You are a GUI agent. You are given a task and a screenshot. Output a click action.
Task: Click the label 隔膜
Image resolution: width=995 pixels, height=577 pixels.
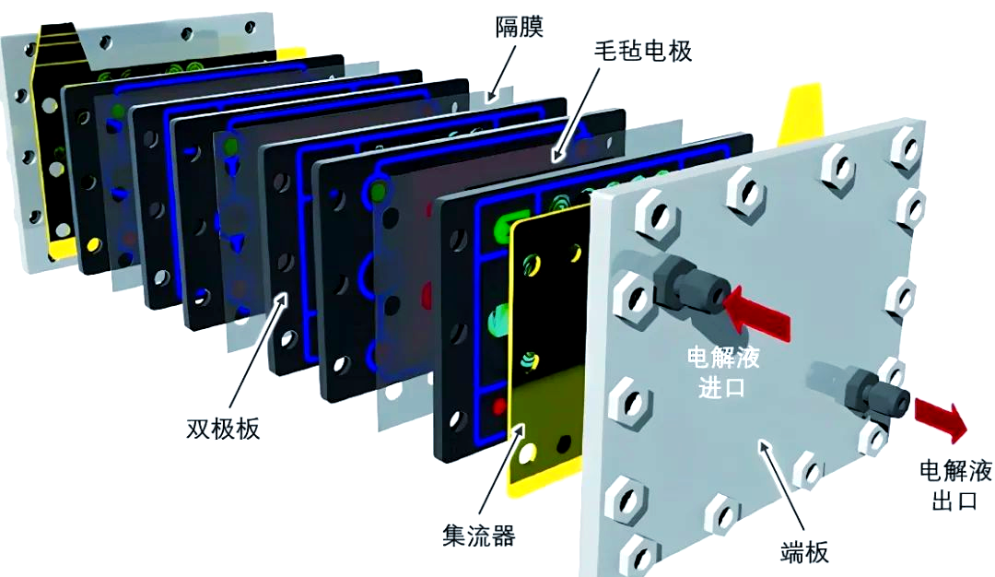click(519, 28)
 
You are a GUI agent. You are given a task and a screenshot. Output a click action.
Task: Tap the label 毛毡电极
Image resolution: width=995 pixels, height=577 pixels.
click(642, 51)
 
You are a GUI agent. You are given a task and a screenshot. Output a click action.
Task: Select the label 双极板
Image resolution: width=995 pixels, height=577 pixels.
click(223, 430)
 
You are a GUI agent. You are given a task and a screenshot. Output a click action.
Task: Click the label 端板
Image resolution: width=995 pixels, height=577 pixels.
click(804, 552)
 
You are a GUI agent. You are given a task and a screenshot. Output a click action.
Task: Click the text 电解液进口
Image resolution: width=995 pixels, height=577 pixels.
click(723, 372)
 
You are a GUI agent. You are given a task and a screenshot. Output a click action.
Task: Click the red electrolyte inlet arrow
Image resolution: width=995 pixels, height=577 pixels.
click(757, 312)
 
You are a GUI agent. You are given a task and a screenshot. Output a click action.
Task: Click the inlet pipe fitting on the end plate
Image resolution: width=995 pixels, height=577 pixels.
click(688, 285)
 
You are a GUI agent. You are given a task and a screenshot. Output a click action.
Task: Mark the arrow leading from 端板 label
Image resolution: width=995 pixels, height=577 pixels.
click(782, 486)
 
